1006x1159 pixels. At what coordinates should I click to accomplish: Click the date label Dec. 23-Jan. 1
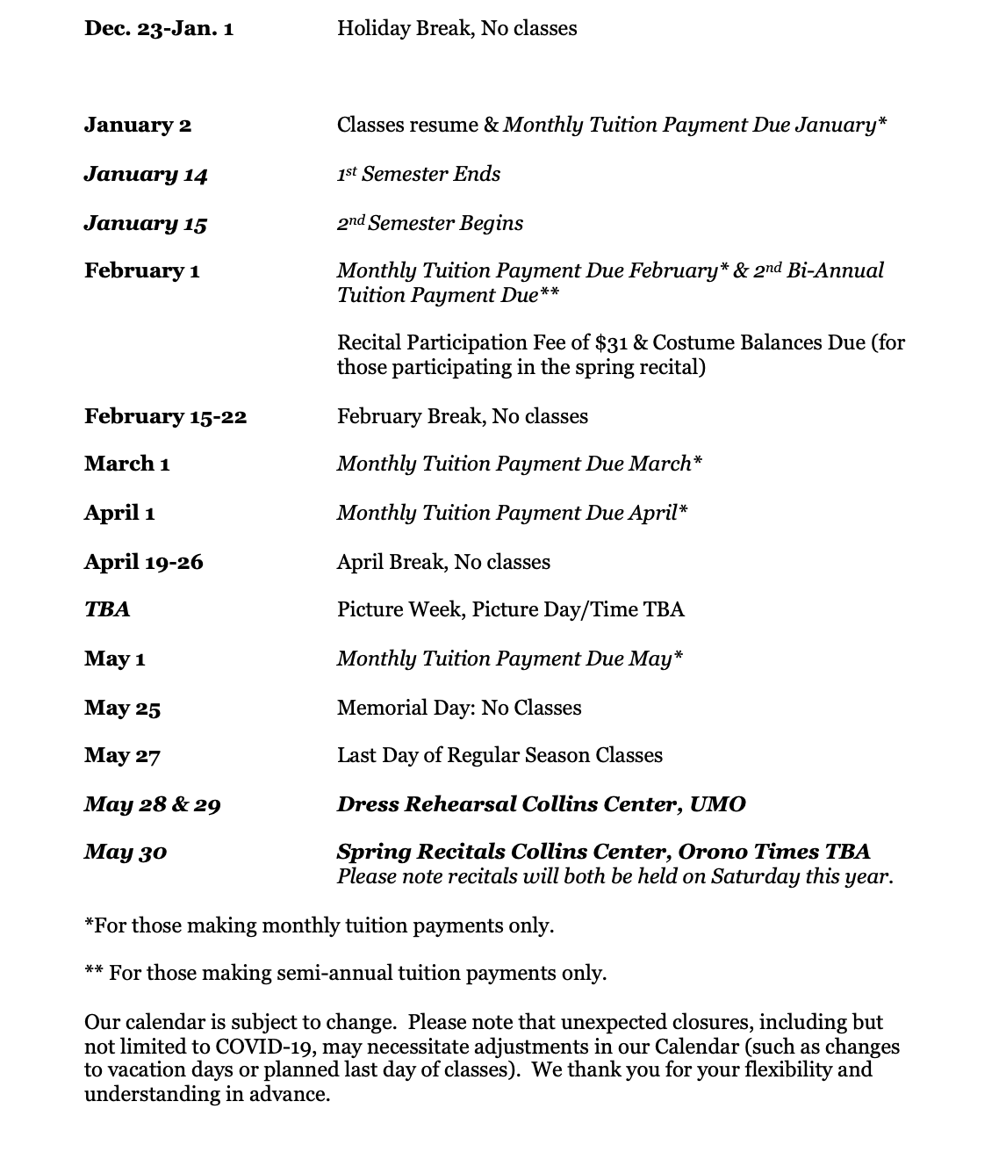point(159,29)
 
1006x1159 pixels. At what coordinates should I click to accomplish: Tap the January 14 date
point(146,175)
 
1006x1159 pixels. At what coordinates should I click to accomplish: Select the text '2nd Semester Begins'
point(430,223)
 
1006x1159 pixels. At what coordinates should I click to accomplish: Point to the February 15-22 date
point(165,416)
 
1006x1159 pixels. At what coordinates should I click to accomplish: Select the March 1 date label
point(126,464)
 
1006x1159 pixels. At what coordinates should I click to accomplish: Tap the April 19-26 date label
point(143,562)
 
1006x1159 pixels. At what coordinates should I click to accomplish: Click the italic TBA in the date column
point(107,609)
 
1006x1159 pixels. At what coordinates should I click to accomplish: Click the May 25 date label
point(122,708)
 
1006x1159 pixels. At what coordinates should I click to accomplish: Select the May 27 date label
point(122,755)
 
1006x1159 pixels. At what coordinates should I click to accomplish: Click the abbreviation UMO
point(717,804)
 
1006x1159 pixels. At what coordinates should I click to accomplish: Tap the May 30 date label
point(126,852)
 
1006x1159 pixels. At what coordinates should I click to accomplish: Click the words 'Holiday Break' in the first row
point(394,29)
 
